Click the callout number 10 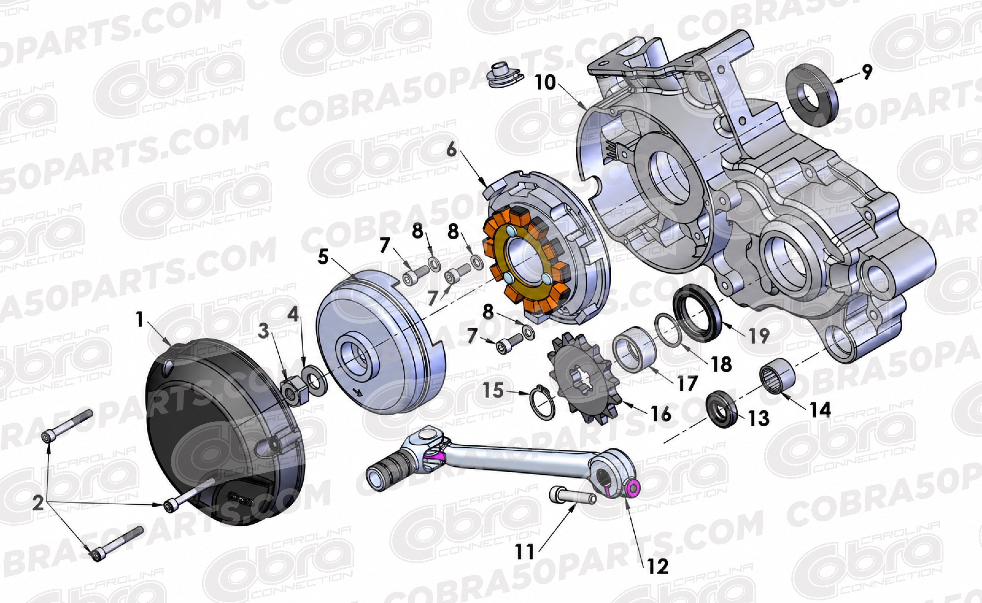click(x=545, y=83)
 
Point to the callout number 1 click(x=139, y=320)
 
